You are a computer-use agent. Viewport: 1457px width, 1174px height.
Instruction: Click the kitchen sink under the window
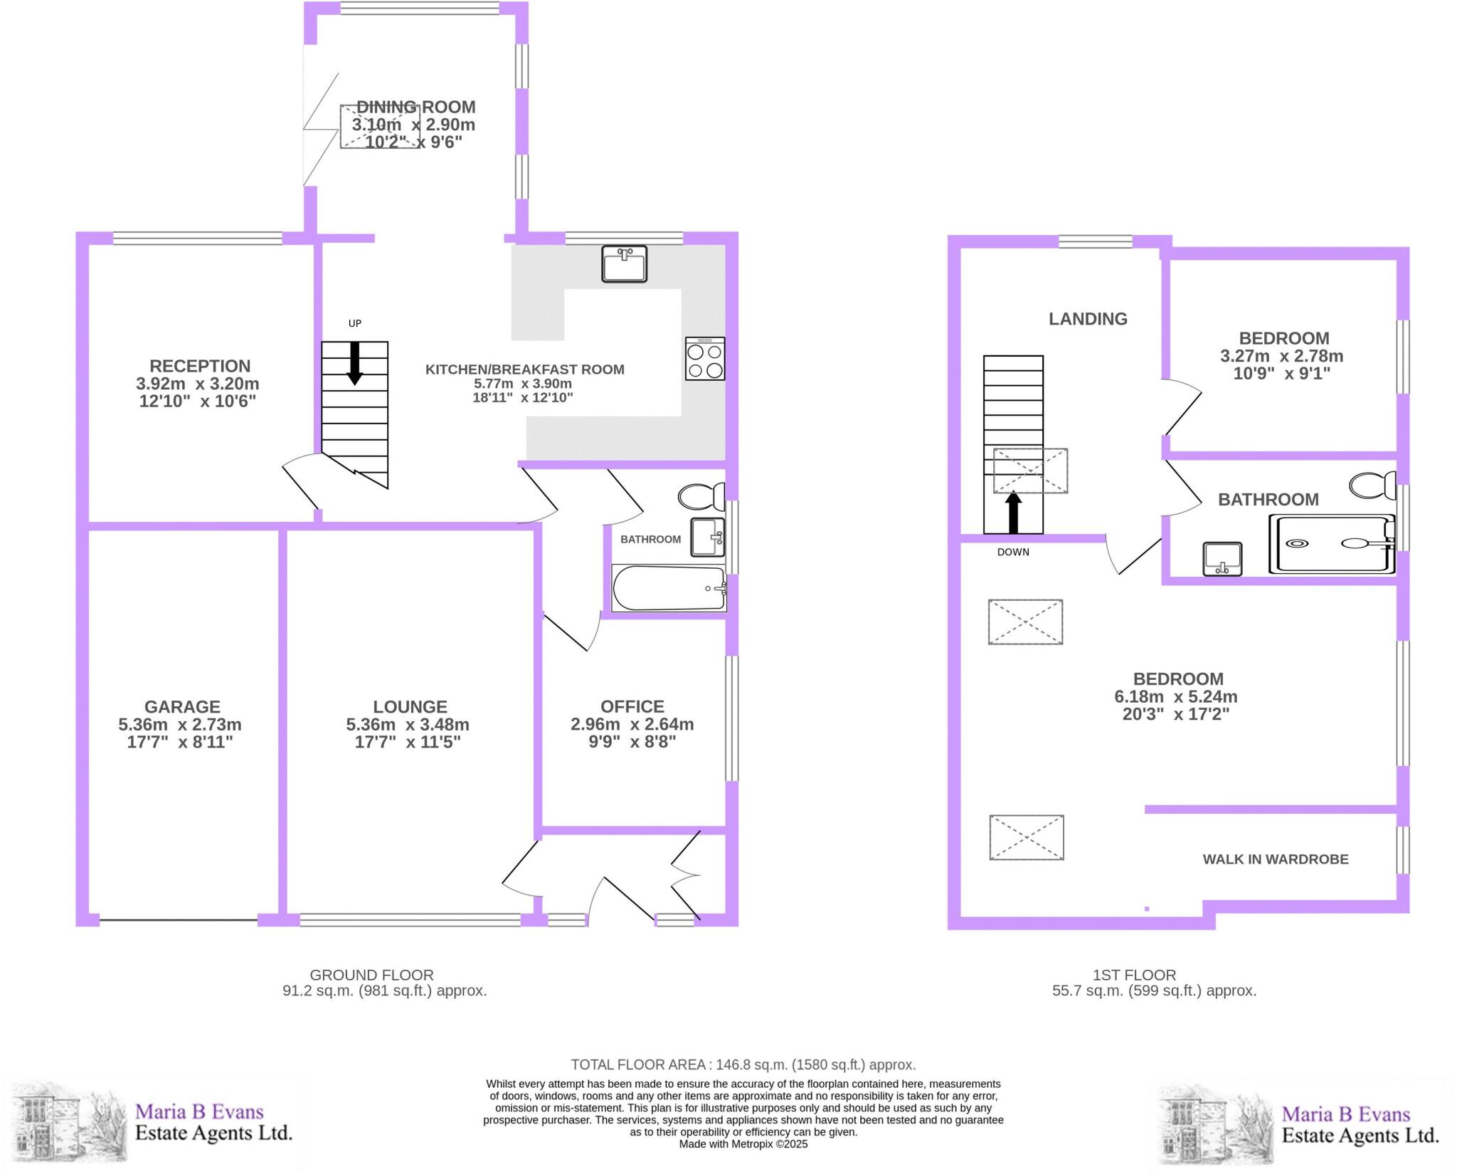click(x=624, y=264)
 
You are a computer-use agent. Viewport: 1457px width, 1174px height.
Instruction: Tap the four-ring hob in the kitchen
click(x=704, y=359)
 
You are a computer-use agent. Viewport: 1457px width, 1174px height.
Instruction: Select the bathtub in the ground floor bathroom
click(x=669, y=588)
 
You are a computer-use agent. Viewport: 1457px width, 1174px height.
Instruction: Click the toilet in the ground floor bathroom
click(x=701, y=496)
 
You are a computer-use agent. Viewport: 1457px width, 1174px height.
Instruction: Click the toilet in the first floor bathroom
click(x=1372, y=486)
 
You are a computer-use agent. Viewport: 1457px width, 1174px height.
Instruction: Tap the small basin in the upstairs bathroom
click(x=1222, y=559)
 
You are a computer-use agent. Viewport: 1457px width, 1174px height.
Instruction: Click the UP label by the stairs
click(x=354, y=323)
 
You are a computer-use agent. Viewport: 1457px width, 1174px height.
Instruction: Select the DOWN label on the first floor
click(x=1013, y=552)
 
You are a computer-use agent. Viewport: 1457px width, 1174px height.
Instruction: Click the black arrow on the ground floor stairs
click(x=354, y=363)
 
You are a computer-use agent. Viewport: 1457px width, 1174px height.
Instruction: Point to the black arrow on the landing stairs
click(x=1013, y=513)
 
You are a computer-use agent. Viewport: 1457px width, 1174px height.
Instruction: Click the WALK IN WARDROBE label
click(x=1275, y=859)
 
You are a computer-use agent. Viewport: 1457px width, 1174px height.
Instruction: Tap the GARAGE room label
click(x=182, y=707)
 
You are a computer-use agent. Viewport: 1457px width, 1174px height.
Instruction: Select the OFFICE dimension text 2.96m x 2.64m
click(x=632, y=724)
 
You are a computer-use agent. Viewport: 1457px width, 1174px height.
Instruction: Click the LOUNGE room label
click(x=410, y=707)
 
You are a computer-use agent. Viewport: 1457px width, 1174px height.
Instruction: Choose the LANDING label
click(x=1088, y=319)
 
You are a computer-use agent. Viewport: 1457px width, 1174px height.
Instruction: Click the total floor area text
click(x=743, y=1064)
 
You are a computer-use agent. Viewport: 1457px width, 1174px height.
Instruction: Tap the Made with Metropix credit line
click(x=743, y=1144)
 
